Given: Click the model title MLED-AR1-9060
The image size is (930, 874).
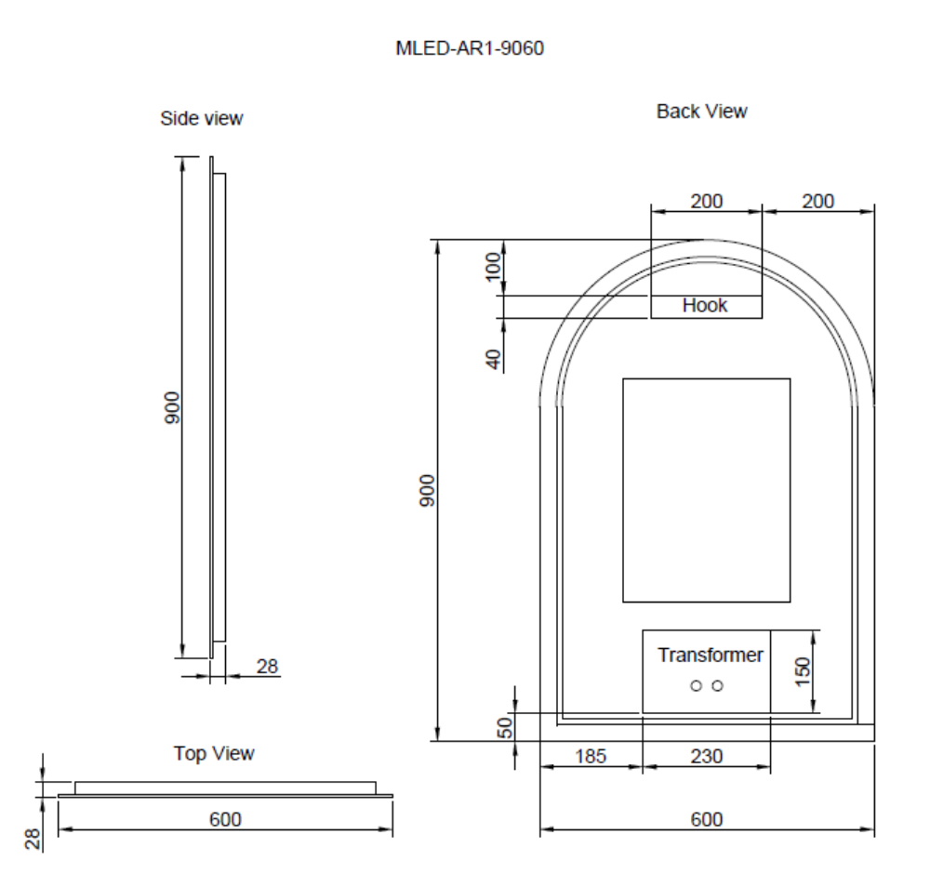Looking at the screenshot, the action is coord(470,48).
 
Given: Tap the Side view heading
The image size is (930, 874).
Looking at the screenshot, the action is coord(202,118).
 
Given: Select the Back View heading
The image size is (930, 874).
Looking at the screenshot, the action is coord(701,112).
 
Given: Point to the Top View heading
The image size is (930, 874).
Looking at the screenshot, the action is coord(214,753).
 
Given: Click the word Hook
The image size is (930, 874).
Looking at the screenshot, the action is coord(705,305).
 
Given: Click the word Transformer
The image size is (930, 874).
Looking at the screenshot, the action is coord(710,655).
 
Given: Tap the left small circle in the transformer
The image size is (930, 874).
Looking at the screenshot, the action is coord(697,686).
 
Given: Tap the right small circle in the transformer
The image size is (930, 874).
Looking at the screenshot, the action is coord(718,686).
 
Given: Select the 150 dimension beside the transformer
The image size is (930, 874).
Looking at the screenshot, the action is coord(802,672).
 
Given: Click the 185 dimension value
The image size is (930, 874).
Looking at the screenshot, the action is coord(591,756).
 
